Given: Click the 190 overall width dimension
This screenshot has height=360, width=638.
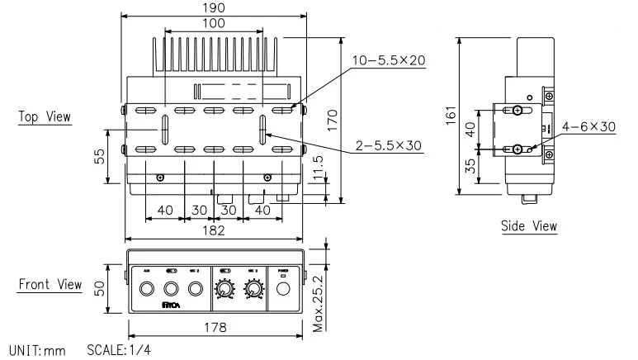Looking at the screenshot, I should (213, 7).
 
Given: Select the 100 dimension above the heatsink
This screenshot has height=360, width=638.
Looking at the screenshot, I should (213, 24).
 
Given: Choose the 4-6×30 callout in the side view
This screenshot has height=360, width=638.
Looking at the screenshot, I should (588, 127).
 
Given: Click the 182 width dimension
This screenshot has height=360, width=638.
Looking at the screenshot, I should (213, 231).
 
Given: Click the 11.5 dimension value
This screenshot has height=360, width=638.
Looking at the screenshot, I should (319, 170).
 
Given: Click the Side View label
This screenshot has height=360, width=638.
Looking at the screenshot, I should (529, 225).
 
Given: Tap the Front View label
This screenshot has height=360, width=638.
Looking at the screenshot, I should (50, 284).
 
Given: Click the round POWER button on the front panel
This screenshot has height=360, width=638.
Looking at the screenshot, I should (283, 289).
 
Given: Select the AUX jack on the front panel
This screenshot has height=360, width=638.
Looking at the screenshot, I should (147, 289).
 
